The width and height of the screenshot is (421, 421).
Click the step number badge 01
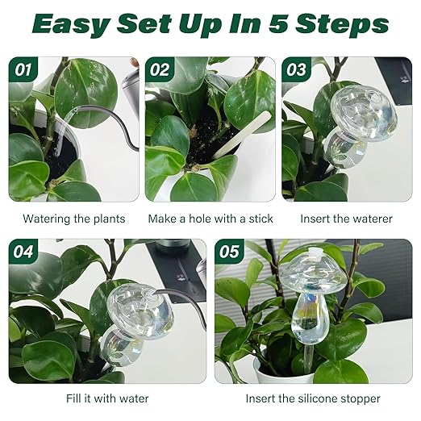pos(23,69)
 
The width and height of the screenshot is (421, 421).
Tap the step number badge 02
pos(160,69)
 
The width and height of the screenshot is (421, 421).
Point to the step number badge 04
pos(24,252)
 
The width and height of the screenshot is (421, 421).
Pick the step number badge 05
pos(230,252)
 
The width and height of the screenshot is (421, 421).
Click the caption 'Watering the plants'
pos(74,219)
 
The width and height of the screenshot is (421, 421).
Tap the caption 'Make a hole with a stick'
pos(210,219)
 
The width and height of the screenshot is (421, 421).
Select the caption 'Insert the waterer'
pos(347,219)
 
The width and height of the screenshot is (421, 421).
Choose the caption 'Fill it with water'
pos(108,398)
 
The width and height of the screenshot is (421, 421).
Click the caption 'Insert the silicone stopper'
pos(314,398)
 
